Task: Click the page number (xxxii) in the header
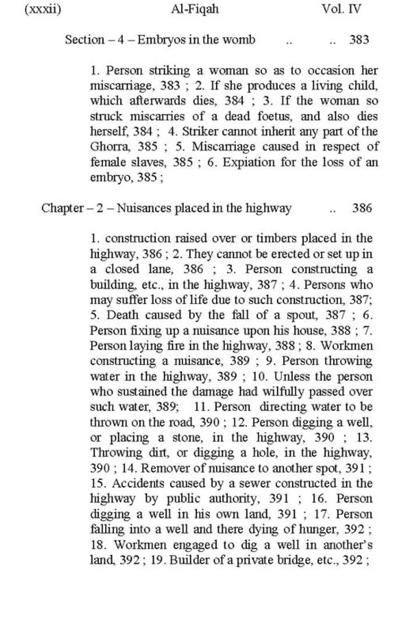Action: tap(43, 9)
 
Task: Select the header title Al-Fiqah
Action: tap(195, 9)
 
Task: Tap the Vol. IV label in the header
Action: tap(341, 9)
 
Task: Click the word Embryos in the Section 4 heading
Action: tap(161, 40)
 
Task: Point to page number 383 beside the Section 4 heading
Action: tap(359, 40)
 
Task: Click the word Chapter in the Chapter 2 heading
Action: tap(62, 208)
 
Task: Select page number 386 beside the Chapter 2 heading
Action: tap(362, 208)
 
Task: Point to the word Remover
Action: tap(165, 468)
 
